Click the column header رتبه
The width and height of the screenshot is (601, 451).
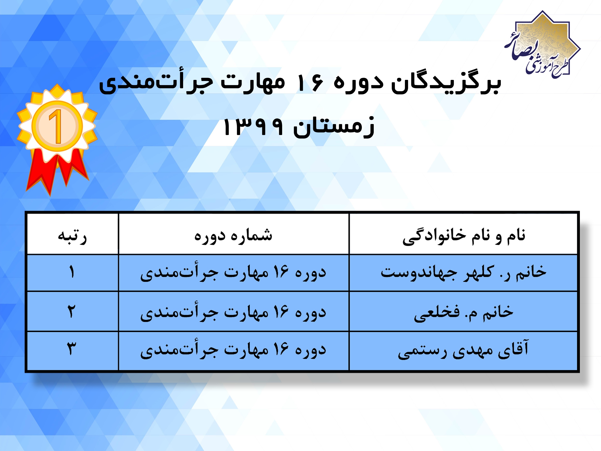[x=72, y=236]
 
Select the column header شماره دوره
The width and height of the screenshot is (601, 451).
[x=233, y=236]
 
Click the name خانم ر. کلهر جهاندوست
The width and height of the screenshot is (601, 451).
[x=463, y=273]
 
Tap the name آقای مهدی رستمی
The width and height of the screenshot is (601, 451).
[x=463, y=350]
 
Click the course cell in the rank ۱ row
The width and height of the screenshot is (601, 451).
[x=233, y=273]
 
